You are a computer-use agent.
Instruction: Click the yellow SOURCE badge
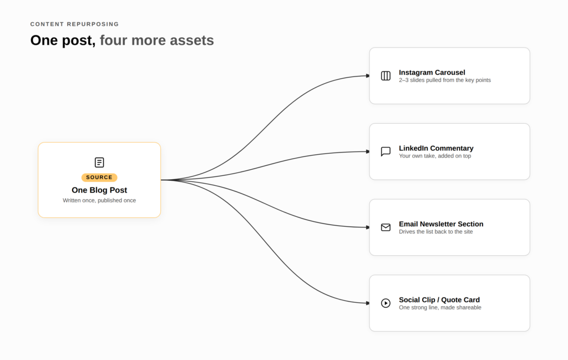(99, 178)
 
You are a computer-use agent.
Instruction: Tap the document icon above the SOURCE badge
(99, 163)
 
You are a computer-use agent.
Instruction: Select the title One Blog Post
(99, 190)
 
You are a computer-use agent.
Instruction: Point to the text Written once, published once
(99, 200)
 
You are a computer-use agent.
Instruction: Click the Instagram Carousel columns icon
(386, 75)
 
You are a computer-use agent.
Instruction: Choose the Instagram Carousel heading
(432, 73)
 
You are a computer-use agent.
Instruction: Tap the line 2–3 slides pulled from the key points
(445, 80)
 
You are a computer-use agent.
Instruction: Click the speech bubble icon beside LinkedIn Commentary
(386, 151)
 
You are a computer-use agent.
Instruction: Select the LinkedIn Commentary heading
(436, 148)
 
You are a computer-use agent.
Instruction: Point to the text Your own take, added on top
(435, 156)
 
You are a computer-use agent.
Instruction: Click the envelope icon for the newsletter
(386, 227)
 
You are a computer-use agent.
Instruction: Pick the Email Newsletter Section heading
(441, 224)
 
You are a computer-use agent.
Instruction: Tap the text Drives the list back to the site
(436, 232)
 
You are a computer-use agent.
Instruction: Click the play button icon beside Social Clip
(386, 303)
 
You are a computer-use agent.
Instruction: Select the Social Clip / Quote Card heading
(439, 300)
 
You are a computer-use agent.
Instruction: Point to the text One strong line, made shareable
(440, 307)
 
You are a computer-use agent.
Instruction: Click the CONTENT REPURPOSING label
(75, 24)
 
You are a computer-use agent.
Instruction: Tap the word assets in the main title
(192, 40)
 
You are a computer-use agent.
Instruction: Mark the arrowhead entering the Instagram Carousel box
(368, 75)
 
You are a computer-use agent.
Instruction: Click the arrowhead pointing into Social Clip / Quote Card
(368, 303)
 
